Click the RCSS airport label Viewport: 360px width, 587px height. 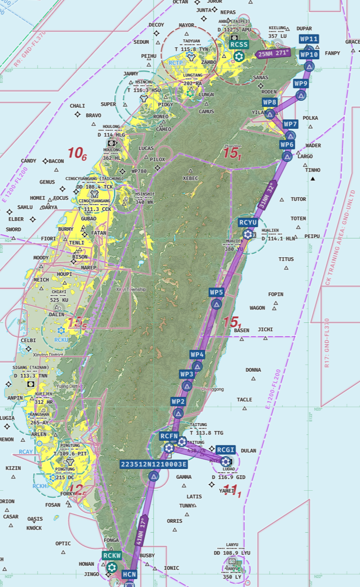[x=240, y=44]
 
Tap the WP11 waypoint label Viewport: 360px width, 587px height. [x=309, y=39]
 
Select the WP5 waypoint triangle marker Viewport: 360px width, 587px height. [x=216, y=304]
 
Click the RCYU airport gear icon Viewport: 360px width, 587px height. [x=248, y=235]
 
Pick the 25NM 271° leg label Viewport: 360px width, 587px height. [x=274, y=53]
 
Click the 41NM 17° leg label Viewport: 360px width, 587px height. [x=141, y=531]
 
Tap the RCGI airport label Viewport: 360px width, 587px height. [x=226, y=450]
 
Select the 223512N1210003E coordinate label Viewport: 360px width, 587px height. [x=154, y=464]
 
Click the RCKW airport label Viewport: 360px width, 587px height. [x=112, y=555]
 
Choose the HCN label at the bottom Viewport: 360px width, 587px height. [x=129, y=575]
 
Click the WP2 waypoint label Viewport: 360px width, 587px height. [x=178, y=401]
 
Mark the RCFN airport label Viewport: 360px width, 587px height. [x=169, y=436]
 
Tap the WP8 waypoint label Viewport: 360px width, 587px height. [x=270, y=102]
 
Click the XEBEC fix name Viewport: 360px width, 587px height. [x=190, y=178]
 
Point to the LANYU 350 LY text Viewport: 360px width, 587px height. [x=232, y=573]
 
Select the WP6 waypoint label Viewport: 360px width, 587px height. [x=287, y=145]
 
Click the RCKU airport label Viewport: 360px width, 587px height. [x=61, y=340]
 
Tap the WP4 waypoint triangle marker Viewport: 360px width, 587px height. [x=198, y=366]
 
